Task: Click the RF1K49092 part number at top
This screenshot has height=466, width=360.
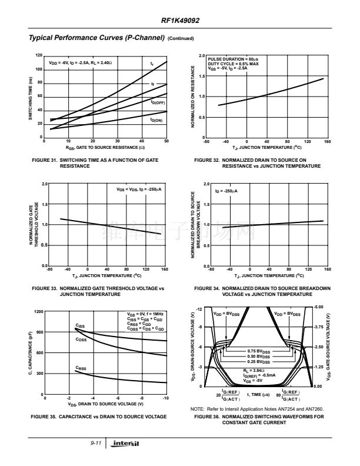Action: coord(180,20)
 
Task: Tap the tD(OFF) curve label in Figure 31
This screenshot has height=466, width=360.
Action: coord(158,102)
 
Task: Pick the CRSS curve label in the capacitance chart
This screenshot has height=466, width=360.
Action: coord(81,368)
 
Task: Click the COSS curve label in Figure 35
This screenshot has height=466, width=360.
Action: coord(81,339)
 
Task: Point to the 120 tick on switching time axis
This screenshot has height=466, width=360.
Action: coord(39,55)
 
